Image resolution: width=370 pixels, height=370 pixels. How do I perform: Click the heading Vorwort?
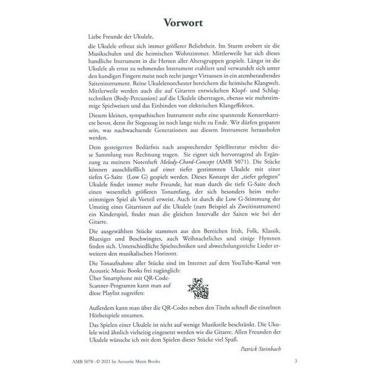(x=184, y=23)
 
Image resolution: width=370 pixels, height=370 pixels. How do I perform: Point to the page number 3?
(x=296, y=361)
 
